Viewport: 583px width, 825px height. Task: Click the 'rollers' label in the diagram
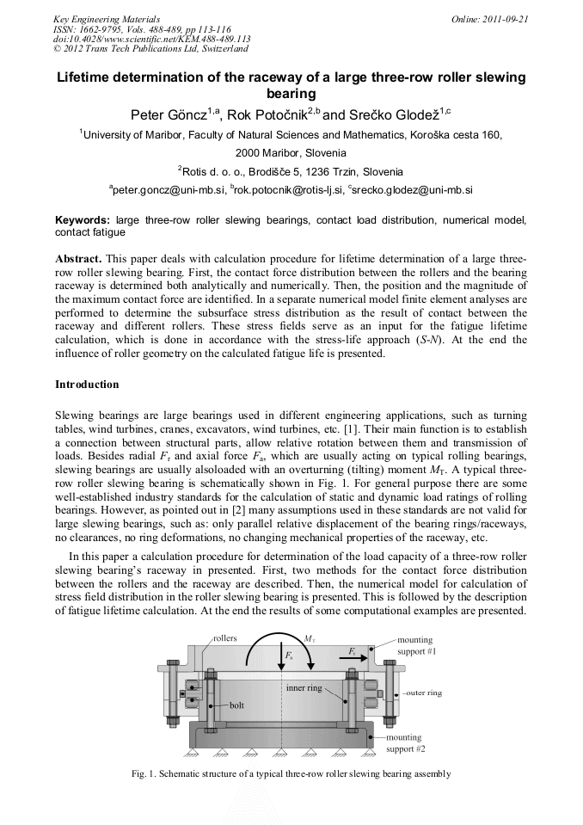click(226, 638)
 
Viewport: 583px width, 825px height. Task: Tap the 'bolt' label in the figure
click(236, 705)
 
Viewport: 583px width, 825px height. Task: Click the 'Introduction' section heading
click(87, 384)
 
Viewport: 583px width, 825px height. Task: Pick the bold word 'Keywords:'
click(83, 220)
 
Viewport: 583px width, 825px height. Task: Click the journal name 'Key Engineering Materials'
click(107, 19)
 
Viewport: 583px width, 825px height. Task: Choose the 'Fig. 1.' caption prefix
click(144, 773)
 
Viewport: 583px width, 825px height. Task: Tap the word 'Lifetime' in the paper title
click(86, 77)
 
